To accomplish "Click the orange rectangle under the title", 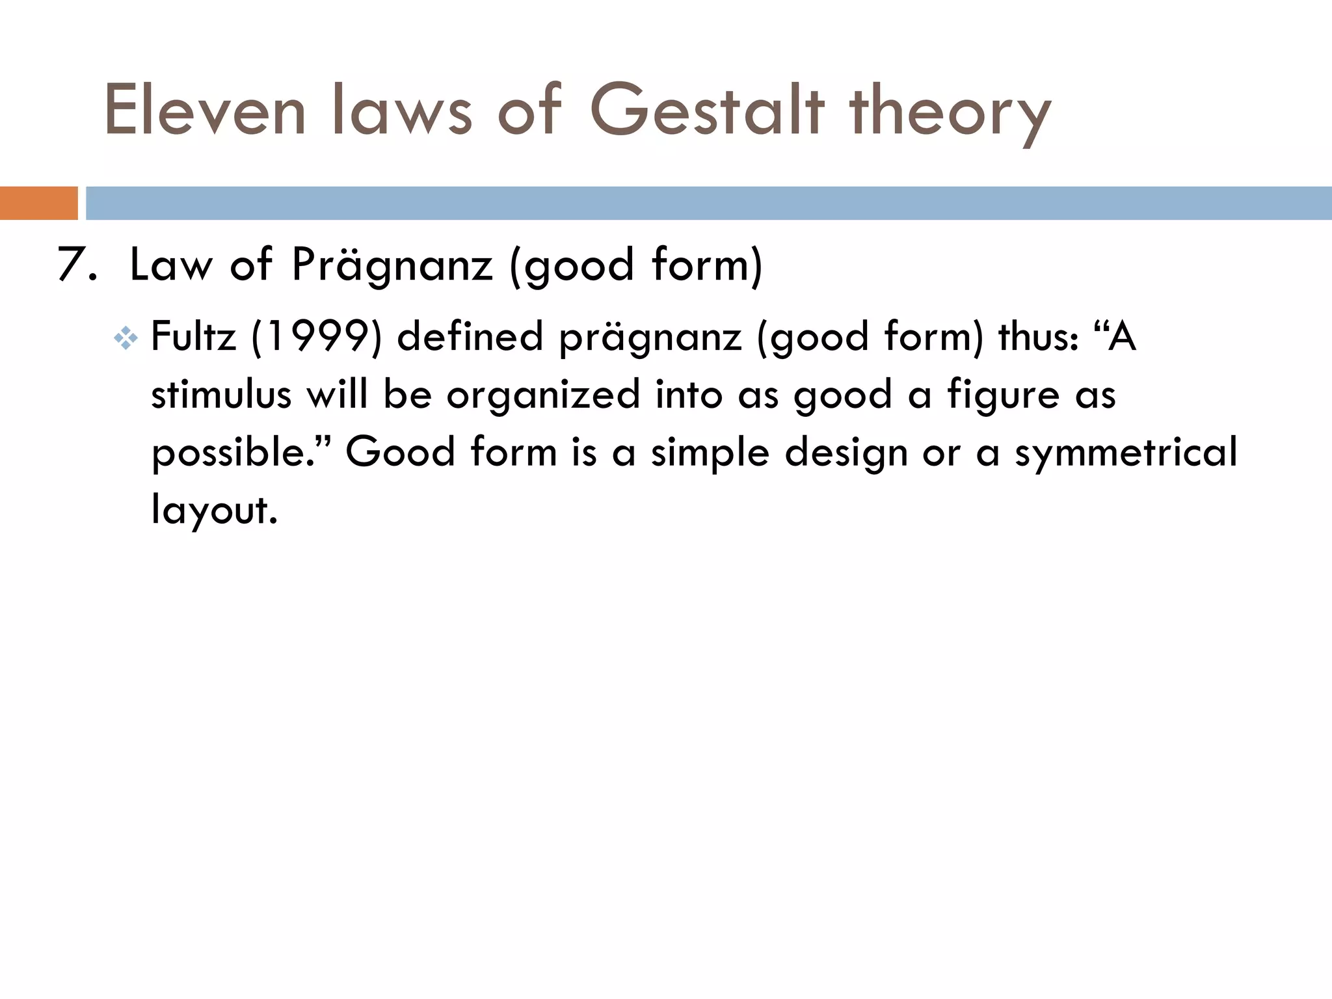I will (x=38, y=203).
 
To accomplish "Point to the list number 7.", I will (x=76, y=265).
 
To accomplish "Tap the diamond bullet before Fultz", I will (x=125, y=339).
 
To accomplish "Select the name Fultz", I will (x=193, y=337).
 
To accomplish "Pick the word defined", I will (x=470, y=337).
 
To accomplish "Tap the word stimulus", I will (x=221, y=395).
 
